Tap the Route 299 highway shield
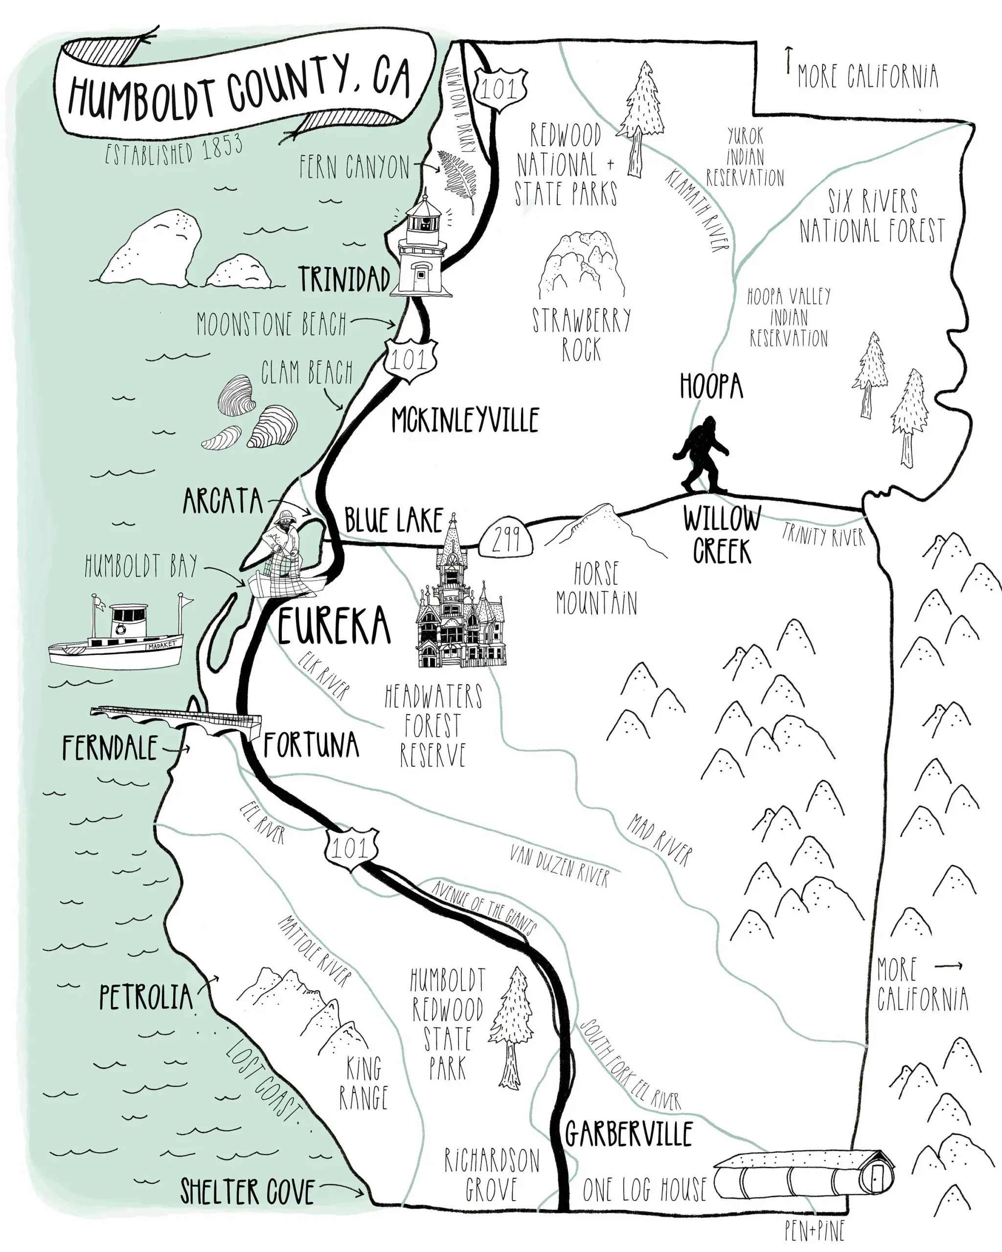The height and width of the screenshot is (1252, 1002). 506,539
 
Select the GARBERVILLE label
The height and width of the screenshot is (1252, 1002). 629,1134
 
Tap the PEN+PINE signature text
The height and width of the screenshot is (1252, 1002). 815,1230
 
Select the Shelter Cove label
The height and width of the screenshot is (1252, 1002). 248,1192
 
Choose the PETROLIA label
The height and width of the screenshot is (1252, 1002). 145,997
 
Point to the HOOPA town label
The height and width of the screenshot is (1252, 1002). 711,386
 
